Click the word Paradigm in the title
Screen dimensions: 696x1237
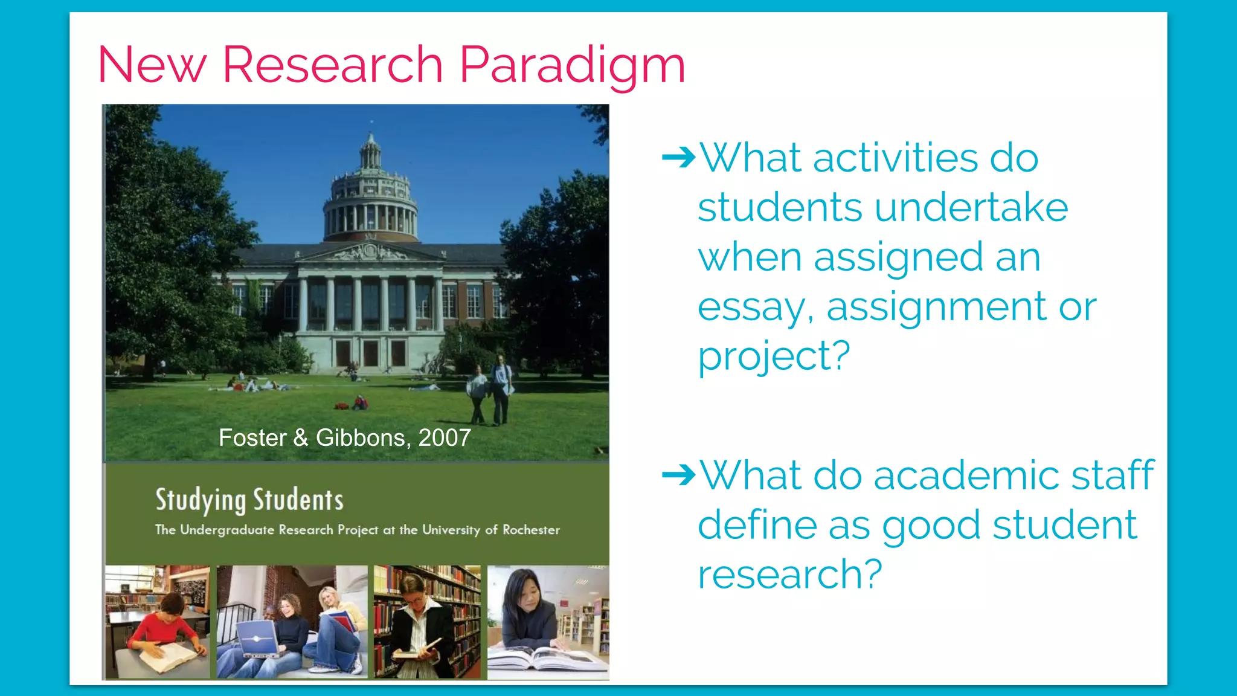[572, 65]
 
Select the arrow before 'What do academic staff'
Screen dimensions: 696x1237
[678, 475]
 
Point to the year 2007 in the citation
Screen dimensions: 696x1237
[445, 438]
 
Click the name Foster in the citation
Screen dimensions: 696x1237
[252, 438]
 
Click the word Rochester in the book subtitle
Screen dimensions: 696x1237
[531, 530]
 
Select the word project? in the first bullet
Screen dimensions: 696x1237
[774, 356]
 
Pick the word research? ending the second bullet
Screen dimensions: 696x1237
[789, 575]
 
